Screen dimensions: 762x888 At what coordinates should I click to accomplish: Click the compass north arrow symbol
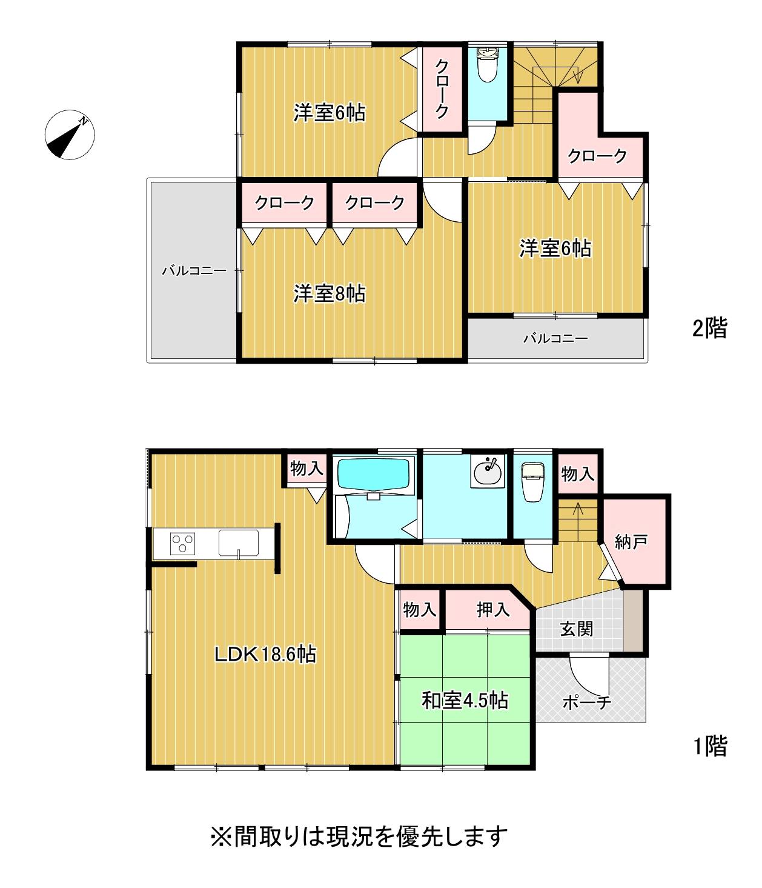(70, 135)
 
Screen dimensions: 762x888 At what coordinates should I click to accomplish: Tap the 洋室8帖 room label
(330, 294)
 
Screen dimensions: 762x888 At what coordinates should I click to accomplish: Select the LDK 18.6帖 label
(265, 654)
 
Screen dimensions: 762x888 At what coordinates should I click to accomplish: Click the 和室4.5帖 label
(465, 700)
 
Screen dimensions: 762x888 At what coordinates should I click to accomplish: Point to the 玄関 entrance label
(577, 629)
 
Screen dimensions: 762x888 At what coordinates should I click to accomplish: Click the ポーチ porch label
(586, 703)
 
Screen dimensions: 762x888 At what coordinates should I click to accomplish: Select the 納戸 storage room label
(631, 542)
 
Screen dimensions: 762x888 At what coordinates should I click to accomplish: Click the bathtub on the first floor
(373, 473)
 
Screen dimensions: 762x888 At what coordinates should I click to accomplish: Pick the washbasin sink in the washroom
(487, 473)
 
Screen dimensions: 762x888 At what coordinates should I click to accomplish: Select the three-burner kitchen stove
(182, 544)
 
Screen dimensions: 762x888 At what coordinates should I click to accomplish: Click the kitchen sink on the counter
(238, 543)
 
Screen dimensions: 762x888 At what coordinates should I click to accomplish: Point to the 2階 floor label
(709, 328)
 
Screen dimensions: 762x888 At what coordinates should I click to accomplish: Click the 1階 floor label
(710, 746)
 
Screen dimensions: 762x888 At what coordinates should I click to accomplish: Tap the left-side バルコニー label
(194, 271)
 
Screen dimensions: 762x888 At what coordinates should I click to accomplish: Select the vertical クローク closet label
(442, 89)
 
